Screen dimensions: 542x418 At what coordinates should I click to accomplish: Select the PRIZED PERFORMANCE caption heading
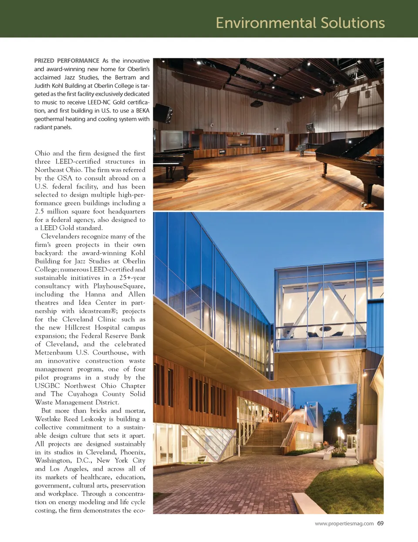pos(67,61)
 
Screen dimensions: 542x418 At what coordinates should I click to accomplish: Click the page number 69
pos(381,523)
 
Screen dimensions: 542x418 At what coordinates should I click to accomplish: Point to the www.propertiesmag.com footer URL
pos(344,524)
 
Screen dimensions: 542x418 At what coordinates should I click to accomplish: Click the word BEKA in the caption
pos(142,110)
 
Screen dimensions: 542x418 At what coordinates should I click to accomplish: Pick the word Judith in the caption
pos(43,86)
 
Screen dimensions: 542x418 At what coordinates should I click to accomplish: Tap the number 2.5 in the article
pos(39,211)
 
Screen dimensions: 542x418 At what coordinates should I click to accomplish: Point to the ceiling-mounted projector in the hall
pos(257,104)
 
